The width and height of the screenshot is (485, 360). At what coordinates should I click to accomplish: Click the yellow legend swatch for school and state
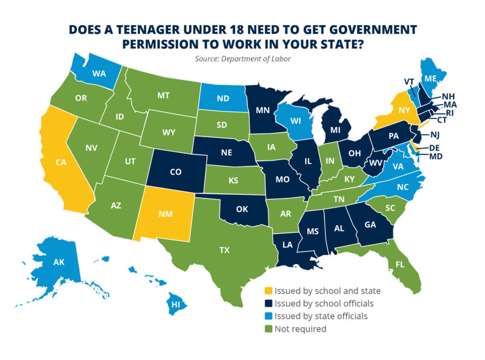pyautogui.click(x=268, y=291)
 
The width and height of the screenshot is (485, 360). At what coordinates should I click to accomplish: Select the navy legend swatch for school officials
pyautogui.click(x=268, y=304)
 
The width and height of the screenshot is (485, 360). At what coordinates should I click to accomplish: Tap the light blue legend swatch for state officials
pyautogui.click(x=268, y=316)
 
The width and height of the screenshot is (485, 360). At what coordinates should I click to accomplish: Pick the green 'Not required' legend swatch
pyautogui.click(x=268, y=329)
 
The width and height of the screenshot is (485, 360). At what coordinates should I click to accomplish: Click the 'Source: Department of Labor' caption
pyautogui.click(x=242, y=59)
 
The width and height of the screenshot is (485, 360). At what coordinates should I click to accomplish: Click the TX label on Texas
pyautogui.click(x=225, y=250)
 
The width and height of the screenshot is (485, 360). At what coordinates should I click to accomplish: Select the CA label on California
pyautogui.click(x=60, y=162)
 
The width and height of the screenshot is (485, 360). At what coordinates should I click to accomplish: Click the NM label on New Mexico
pyautogui.click(x=166, y=213)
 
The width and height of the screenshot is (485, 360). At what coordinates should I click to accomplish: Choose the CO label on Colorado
pyautogui.click(x=176, y=172)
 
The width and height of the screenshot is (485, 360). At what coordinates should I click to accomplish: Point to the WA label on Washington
pyautogui.click(x=99, y=74)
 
